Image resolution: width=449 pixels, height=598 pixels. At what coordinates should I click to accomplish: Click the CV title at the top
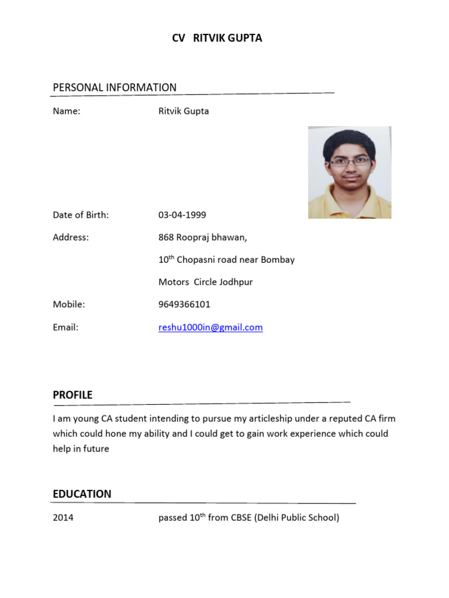point(217,39)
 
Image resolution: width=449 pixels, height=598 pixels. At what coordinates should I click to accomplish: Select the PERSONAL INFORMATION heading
point(115,88)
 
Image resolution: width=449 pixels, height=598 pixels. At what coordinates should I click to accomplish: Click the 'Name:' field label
point(66,111)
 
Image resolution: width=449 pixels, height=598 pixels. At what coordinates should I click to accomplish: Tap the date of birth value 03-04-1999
point(182,215)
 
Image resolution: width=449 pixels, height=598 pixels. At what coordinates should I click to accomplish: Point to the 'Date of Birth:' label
point(81,215)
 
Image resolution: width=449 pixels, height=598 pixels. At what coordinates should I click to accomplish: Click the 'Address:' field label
point(71,237)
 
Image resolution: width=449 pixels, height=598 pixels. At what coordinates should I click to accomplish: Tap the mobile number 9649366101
point(184,304)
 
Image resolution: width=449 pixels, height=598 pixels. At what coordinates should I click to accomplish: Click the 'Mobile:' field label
point(69,304)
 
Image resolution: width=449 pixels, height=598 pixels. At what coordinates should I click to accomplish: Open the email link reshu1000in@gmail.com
point(210,328)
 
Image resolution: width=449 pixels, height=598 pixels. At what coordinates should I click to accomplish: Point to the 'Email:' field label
point(65,328)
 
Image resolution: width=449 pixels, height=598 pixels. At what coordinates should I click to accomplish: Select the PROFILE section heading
point(72,395)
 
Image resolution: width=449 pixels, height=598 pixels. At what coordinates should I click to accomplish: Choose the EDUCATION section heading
point(82,494)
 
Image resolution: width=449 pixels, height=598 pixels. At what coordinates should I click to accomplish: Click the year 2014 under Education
point(63,517)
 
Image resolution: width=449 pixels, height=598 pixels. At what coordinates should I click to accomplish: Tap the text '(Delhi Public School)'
point(296,517)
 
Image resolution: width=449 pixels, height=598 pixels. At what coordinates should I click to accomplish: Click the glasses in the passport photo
point(350,161)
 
